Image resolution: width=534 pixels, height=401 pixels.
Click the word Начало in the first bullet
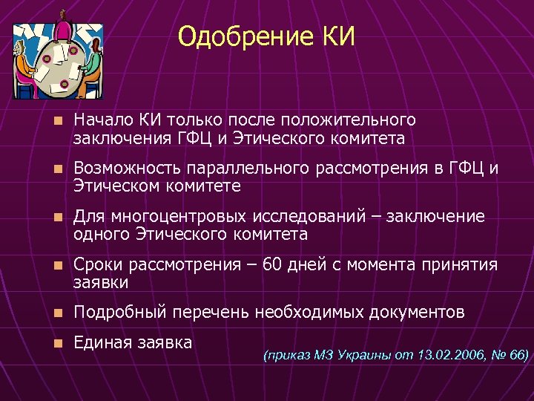pos(100,120)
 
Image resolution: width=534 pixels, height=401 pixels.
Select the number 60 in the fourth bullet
pos(273,265)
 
